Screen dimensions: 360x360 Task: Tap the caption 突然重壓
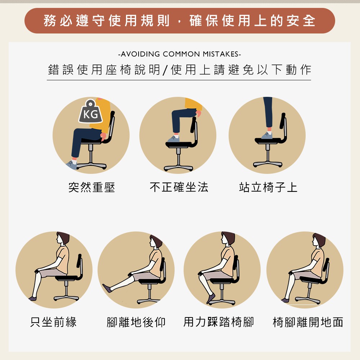pos(91,187)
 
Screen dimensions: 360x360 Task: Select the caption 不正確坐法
pos(179,187)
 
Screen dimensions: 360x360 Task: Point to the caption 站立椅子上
pos(268,187)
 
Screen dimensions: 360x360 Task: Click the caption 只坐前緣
pos(53,322)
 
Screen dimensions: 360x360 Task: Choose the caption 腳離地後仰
pos(136,322)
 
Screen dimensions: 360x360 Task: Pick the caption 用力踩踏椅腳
pos(219,322)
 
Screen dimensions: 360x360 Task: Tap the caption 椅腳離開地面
pos(308,322)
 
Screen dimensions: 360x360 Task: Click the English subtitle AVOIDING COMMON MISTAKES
pos(180,54)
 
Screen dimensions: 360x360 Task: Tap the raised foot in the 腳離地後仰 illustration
pos(107,288)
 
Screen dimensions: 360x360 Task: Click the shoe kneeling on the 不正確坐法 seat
pos(174,139)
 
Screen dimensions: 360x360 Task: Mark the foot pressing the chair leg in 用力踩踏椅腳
pos(211,298)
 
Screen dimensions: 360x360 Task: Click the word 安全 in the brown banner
pos(301,21)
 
